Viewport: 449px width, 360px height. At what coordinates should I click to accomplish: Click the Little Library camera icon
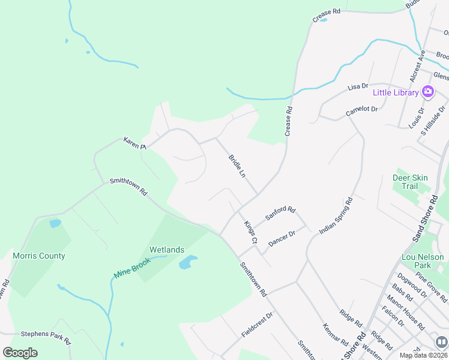[428, 92]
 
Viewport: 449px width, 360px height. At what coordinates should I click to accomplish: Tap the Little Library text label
[396, 92]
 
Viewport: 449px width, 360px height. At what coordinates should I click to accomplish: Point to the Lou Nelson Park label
[423, 261]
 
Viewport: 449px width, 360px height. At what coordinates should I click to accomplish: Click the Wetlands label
[167, 250]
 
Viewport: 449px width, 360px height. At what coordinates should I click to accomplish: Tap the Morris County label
[39, 256]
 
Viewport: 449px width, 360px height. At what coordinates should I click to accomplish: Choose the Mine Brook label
[131, 268]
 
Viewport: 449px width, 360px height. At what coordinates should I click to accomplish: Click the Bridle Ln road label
[237, 166]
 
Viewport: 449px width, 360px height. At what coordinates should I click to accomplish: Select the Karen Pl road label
[134, 143]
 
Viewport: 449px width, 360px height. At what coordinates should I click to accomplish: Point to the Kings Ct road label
[250, 232]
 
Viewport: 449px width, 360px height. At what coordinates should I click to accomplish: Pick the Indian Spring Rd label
[336, 215]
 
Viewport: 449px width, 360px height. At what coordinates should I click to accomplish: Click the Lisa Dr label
[358, 87]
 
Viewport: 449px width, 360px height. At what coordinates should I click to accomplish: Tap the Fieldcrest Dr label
[257, 323]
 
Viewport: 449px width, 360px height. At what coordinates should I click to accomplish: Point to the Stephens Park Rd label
[46, 334]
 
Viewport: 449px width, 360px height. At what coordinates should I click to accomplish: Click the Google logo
[20, 352]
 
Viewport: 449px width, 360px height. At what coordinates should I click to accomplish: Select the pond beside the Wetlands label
[188, 262]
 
